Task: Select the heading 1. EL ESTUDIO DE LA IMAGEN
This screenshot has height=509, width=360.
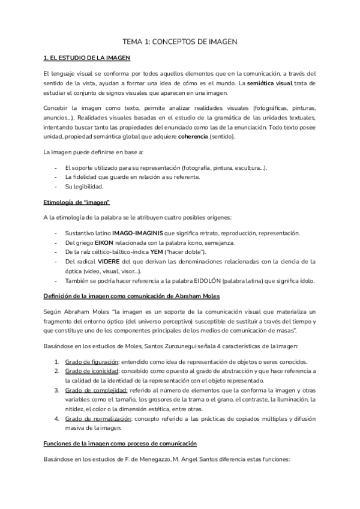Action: (x=87, y=58)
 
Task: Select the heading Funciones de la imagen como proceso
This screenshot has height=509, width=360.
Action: (x=120, y=444)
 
